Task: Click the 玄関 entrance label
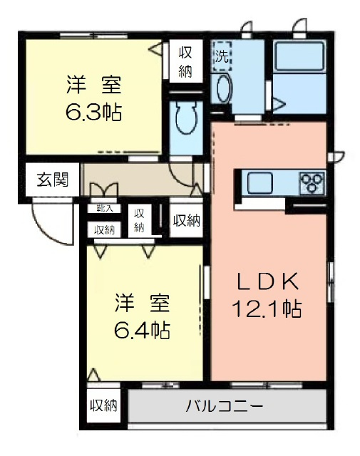(53, 179)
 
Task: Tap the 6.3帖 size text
(93, 113)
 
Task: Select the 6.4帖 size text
(142, 331)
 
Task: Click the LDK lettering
(268, 281)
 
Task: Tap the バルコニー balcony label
(225, 405)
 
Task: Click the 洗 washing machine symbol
(222, 56)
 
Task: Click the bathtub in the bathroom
(299, 56)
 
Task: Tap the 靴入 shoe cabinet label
(104, 208)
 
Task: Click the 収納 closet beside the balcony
(103, 405)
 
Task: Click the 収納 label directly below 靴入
(104, 230)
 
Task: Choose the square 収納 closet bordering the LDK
(186, 220)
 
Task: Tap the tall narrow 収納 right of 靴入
(140, 221)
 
